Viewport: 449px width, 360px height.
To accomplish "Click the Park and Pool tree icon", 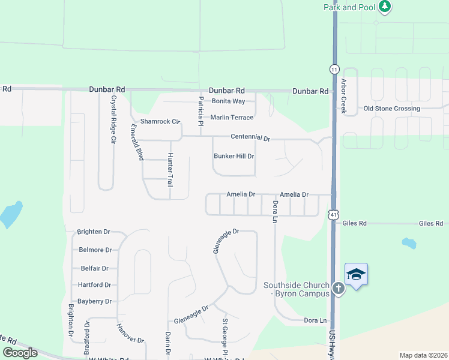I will [x=384, y=7].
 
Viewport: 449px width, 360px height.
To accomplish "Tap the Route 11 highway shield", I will [x=334, y=69].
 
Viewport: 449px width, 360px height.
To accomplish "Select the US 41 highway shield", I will [x=334, y=214].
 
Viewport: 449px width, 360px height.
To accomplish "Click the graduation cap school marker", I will [x=356, y=275].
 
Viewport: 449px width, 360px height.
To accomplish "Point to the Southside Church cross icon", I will [x=339, y=289].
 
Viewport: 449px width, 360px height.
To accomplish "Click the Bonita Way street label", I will [x=228, y=101].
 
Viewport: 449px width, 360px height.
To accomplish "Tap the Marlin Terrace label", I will [x=232, y=118].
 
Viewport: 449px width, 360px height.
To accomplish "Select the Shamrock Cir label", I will [x=160, y=121].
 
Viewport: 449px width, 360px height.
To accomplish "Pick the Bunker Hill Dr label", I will [x=234, y=156].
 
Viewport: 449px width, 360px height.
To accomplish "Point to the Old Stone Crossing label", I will [x=392, y=109].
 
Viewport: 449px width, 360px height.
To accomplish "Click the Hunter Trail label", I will [x=170, y=169].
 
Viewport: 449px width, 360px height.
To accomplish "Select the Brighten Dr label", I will [x=94, y=232].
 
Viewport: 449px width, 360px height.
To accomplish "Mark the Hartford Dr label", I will [x=95, y=285].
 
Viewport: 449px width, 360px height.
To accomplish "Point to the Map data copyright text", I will [x=423, y=355].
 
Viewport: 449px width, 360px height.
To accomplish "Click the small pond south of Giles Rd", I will [x=409, y=243].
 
